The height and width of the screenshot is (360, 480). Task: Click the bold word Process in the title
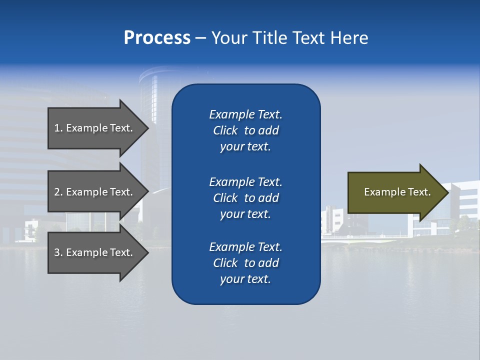pos(157,38)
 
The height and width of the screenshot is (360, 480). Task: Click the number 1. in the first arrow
pos(58,128)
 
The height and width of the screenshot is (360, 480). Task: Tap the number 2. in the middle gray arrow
pos(58,192)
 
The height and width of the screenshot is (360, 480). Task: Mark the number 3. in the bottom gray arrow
pos(58,252)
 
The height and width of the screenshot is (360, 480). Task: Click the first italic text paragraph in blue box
pos(245,130)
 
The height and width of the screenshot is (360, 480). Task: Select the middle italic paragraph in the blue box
pos(245,198)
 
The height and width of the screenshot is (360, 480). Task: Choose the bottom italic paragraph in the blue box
pos(245,263)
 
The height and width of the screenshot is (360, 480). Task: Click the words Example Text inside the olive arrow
pos(397,192)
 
